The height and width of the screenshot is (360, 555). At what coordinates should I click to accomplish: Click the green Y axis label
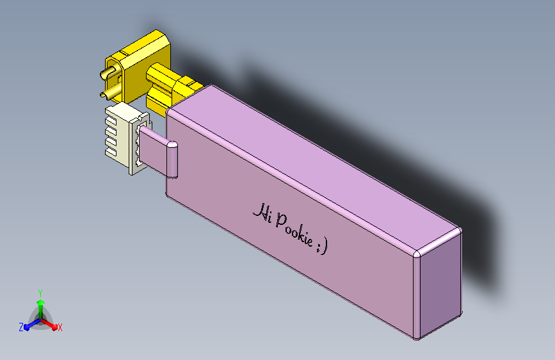[x=40, y=293]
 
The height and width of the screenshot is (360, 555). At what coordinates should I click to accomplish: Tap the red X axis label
[x=60, y=327]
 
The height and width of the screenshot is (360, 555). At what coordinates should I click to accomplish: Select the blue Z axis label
[x=21, y=327]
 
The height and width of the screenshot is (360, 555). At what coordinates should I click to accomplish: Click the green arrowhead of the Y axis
[x=41, y=303]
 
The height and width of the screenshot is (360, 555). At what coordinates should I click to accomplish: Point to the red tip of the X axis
[x=54, y=327]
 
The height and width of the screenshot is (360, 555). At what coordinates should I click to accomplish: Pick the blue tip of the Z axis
[x=27, y=327]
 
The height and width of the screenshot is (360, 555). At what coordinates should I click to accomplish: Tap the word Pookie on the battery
[x=294, y=230]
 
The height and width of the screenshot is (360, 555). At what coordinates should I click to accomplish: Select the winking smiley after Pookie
[x=323, y=246]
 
